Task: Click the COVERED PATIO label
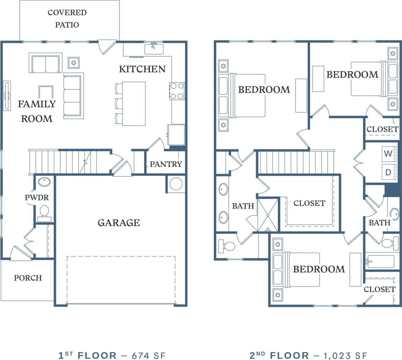pos(67,19)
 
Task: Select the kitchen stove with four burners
pos(177,91)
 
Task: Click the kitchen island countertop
pos(134,103)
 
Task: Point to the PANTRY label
pos(166,164)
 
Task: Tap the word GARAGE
pos(119,222)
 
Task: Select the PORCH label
pos(28,278)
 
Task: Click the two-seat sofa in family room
pos(45,64)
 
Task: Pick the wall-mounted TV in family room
pos(7,95)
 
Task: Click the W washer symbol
pos(388,154)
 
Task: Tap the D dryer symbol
pos(388,172)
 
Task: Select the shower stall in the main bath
pos(268,215)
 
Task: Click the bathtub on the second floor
pos(381,261)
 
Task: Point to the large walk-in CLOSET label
pos(309,203)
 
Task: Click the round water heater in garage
pos(176,184)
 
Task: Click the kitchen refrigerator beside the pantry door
pos(176,134)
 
